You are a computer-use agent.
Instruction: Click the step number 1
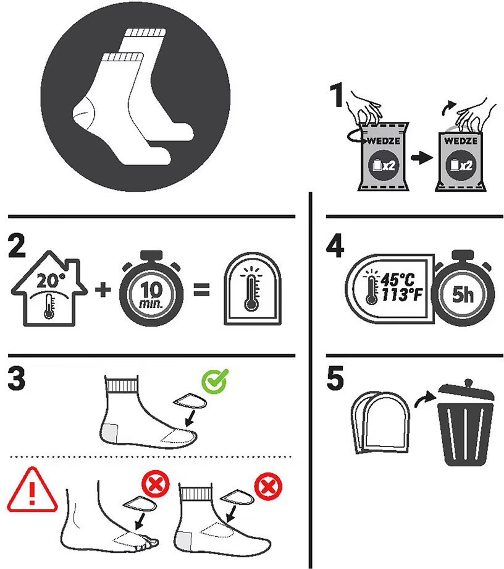click(338, 95)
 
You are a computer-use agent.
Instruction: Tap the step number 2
click(17, 246)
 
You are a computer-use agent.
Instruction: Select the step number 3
click(17, 379)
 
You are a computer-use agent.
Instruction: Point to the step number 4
click(335, 246)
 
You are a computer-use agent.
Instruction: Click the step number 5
click(335, 379)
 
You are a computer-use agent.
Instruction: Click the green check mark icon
click(215, 381)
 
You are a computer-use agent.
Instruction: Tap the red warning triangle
click(32, 490)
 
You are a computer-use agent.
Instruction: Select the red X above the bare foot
click(156, 484)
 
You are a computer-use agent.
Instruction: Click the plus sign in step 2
click(103, 289)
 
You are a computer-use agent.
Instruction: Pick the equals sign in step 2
click(201, 289)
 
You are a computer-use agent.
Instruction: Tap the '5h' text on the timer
click(463, 294)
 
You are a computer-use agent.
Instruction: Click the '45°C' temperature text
click(398, 280)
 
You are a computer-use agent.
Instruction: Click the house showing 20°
click(49, 288)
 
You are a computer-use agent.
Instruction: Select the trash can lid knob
click(469, 383)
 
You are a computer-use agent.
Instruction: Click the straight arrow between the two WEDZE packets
click(421, 158)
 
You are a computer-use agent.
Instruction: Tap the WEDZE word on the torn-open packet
click(461, 140)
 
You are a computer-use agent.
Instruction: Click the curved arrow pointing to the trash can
click(425, 398)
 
